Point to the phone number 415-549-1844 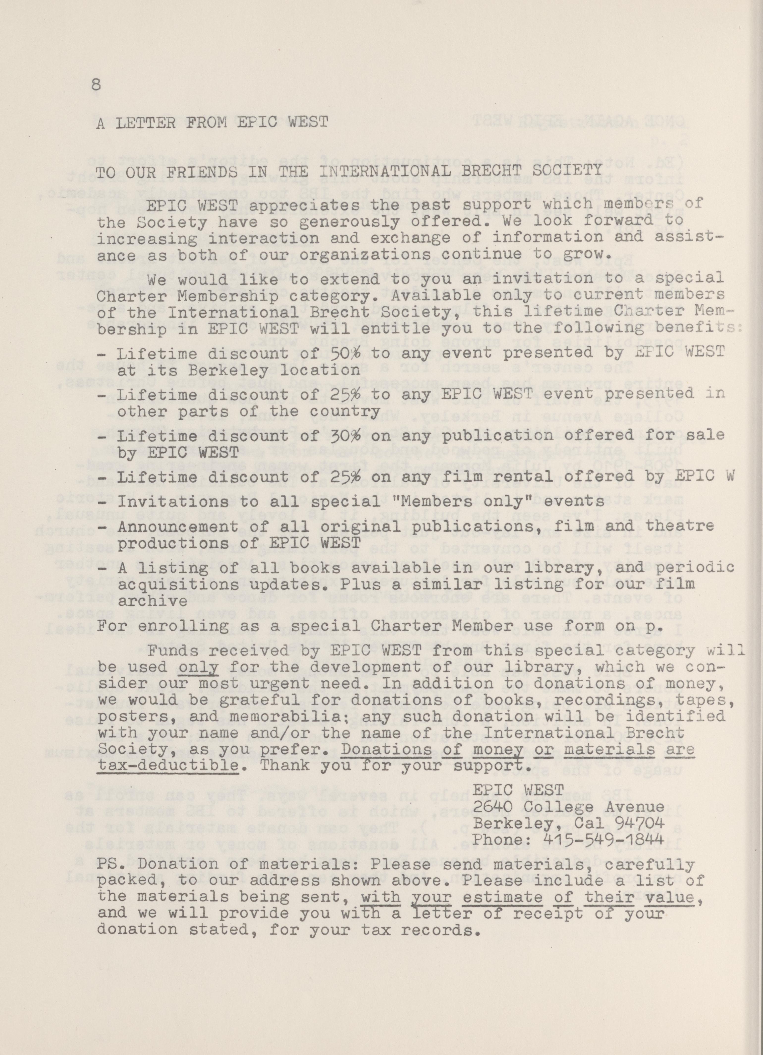coord(597,840)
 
